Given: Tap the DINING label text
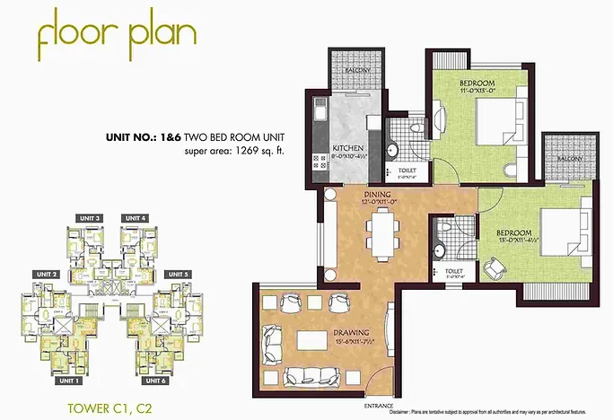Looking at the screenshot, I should pyautogui.click(x=375, y=193).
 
